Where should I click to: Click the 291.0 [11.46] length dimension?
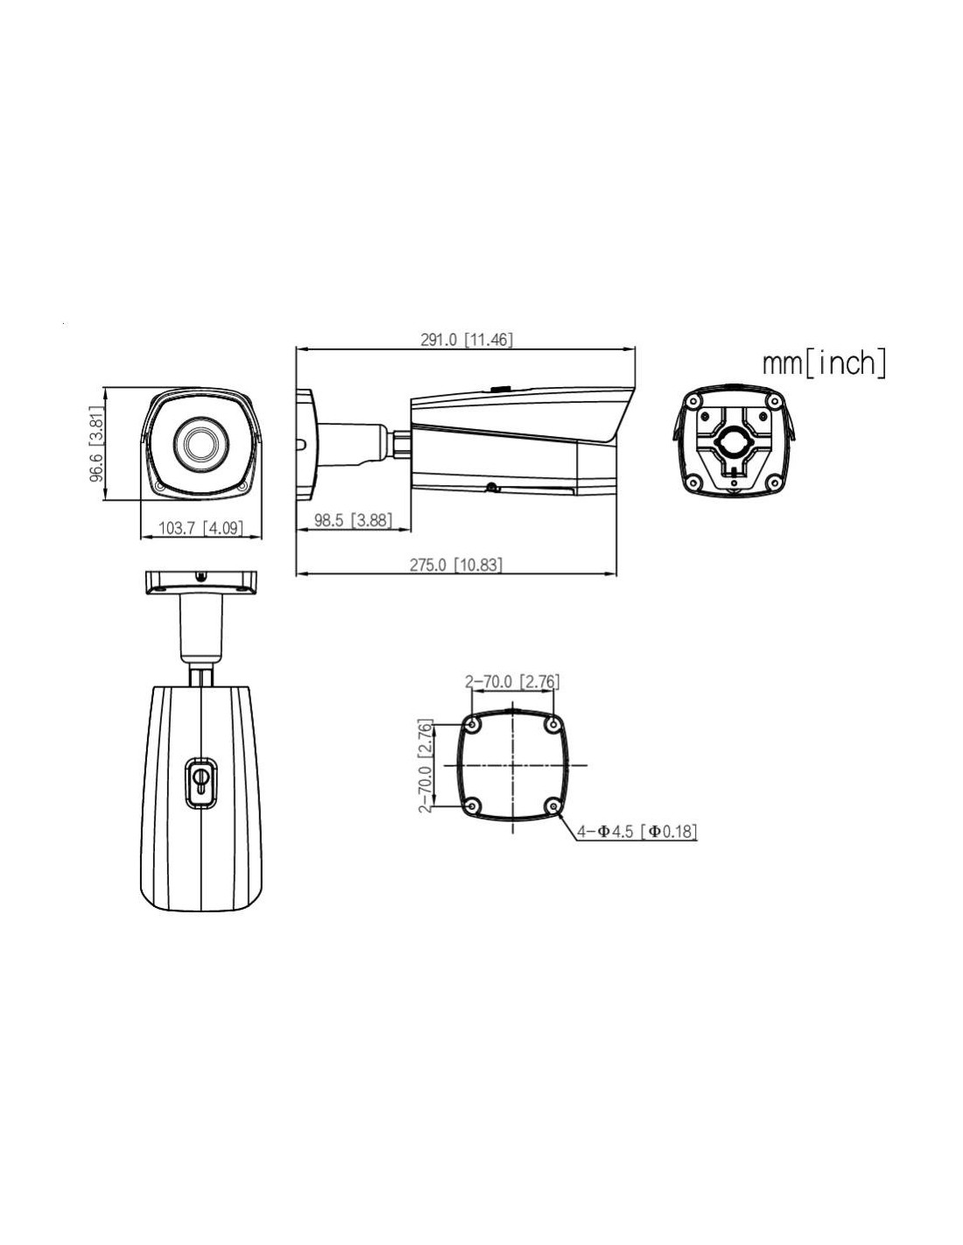tap(467, 340)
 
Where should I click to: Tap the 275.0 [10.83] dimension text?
tap(456, 565)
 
